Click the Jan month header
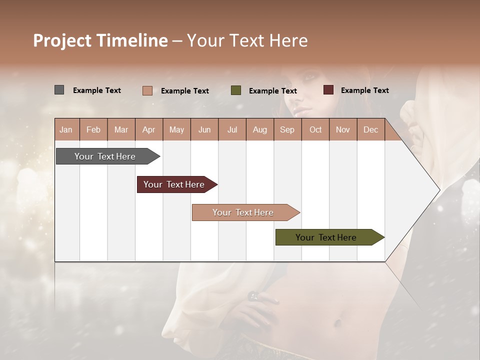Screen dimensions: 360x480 tap(66, 129)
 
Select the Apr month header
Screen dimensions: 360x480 tap(149, 129)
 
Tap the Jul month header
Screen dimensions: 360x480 tap(232, 129)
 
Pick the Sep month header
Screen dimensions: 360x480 tap(287, 129)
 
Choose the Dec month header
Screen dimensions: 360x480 tap(370, 129)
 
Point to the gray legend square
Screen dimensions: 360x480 tap(59, 90)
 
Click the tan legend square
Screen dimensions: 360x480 tap(147, 90)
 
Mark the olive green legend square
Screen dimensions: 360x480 tap(236, 90)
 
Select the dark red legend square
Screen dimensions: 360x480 tap(328, 90)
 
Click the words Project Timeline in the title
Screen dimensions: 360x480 tap(100, 40)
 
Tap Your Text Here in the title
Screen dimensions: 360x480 tap(247, 40)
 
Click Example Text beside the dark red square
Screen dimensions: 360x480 tap(364, 90)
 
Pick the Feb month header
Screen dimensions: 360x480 tap(93, 129)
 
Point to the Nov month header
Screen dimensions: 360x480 tap(342, 129)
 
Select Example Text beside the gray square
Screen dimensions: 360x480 tap(97, 90)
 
